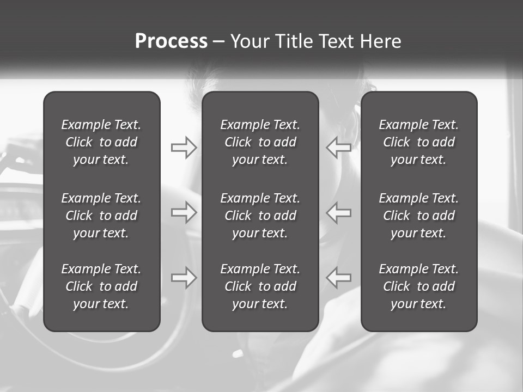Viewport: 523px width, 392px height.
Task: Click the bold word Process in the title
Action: pos(171,41)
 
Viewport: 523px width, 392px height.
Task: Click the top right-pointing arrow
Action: pos(184,148)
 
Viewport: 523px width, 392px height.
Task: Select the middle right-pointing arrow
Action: pos(184,212)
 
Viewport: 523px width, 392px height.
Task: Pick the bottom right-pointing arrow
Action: pos(184,278)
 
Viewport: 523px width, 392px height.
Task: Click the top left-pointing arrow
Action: pos(339,148)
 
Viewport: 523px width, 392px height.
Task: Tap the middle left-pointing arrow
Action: pos(339,212)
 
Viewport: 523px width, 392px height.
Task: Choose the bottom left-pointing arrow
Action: pos(339,278)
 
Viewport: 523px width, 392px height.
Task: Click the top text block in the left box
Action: pos(101,142)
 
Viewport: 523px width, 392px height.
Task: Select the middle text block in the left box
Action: pos(101,216)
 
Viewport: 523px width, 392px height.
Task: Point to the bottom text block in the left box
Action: pos(101,286)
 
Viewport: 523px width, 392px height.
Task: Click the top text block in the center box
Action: pos(260,142)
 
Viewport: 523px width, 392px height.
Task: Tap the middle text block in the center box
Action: pos(260,216)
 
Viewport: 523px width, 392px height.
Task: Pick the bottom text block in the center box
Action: pos(260,286)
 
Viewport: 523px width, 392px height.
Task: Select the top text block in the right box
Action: pos(418,142)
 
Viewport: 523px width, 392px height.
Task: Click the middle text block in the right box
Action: pos(418,216)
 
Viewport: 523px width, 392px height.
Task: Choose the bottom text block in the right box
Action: pos(418,286)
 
